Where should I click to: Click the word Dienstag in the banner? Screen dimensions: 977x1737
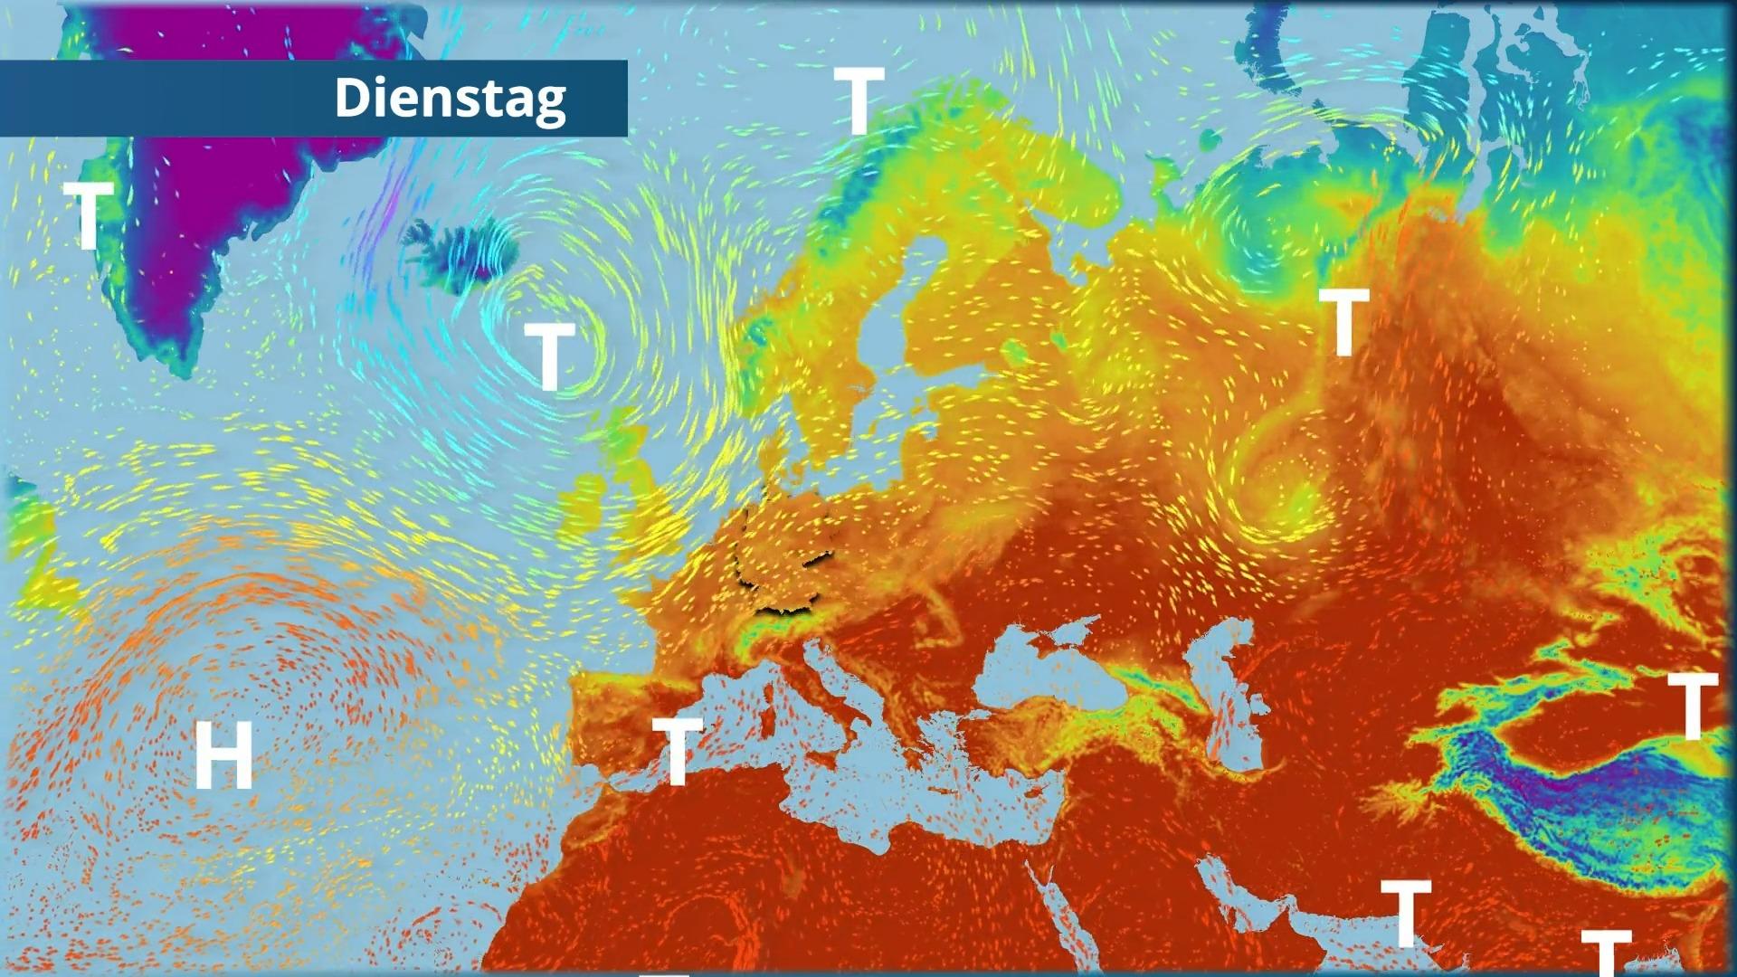pos(450,98)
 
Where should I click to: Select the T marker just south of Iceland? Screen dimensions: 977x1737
pos(549,356)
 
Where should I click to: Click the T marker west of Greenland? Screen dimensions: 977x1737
pos(88,215)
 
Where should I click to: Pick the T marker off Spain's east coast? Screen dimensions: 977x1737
pos(677,750)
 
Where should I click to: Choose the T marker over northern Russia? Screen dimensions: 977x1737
pos(1343,321)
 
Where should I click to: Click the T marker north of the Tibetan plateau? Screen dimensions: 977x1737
pos(1692,705)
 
